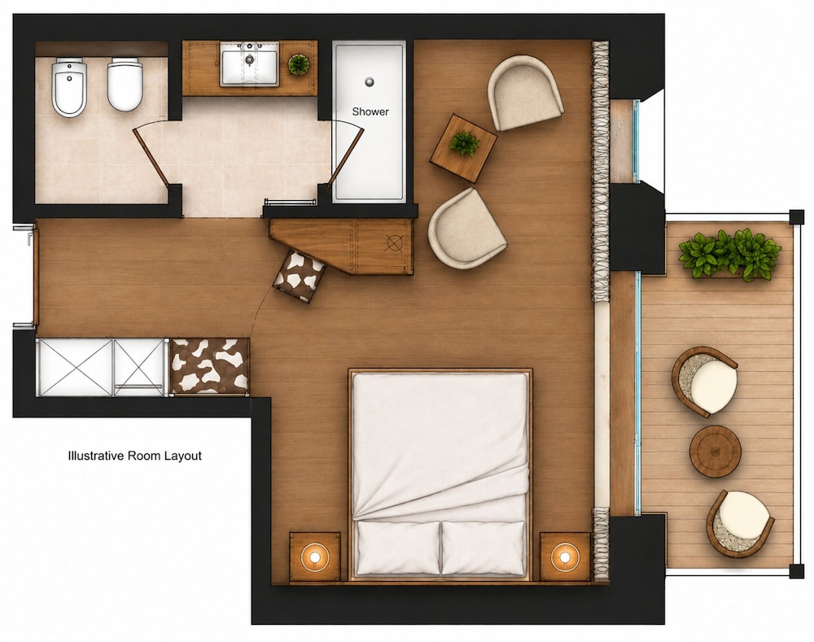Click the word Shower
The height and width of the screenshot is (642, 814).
[370, 111]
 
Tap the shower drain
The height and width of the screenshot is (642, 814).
[369, 81]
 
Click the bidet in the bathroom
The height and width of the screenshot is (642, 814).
[69, 87]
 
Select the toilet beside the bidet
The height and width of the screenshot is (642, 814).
[125, 84]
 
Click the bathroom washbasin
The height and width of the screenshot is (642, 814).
[250, 63]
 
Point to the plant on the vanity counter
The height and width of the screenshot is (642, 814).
[299, 63]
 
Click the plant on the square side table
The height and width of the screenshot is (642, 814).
[464, 143]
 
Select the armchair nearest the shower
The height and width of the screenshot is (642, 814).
[525, 94]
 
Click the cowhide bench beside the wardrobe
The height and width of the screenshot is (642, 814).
[210, 366]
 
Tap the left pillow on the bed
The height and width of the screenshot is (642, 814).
[398, 548]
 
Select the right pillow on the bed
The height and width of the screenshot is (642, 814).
[483, 548]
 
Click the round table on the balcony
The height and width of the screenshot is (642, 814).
[716, 451]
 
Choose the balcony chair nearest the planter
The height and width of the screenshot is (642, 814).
[705, 382]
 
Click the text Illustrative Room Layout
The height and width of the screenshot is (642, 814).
[135, 456]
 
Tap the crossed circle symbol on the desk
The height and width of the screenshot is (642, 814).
[395, 242]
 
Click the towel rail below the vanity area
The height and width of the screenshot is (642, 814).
[290, 201]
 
